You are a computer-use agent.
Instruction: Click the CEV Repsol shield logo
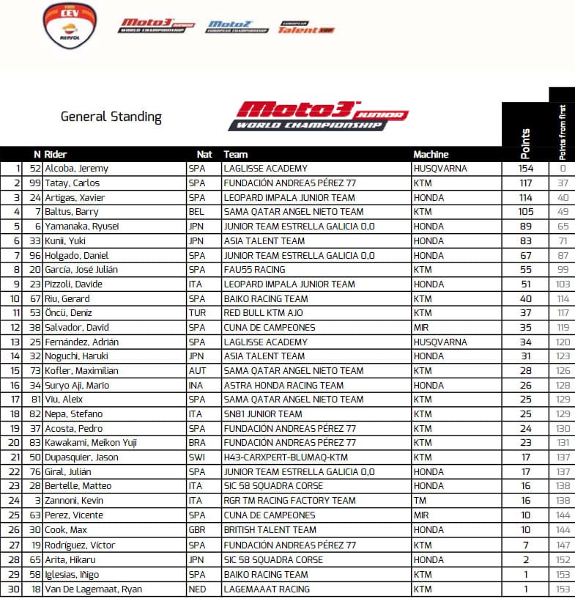69,25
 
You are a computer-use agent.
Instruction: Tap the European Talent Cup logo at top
297,27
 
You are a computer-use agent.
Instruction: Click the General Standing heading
111,117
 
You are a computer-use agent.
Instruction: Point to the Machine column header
431,155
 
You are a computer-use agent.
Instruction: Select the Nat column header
204,155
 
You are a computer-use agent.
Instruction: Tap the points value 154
524,169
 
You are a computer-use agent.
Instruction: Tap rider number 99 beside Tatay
34,183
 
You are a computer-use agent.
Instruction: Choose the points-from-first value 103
562,284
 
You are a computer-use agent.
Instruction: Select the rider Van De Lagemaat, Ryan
93,589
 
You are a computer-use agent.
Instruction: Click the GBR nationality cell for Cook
198,529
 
